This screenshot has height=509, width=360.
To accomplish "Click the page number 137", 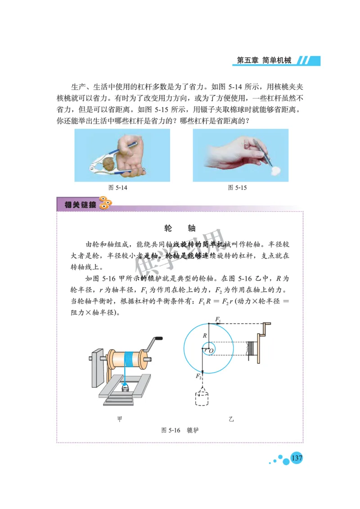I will click(297, 458).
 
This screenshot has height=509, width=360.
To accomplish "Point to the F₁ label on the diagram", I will click(218, 319).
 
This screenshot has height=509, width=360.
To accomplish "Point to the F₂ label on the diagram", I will click(198, 376).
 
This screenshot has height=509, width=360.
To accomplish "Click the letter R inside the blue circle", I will click(205, 335).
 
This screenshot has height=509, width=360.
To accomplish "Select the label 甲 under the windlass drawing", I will click(120, 419).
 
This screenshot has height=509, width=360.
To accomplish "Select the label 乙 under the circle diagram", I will click(231, 419).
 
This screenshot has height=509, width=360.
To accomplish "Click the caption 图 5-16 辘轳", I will click(180, 430).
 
